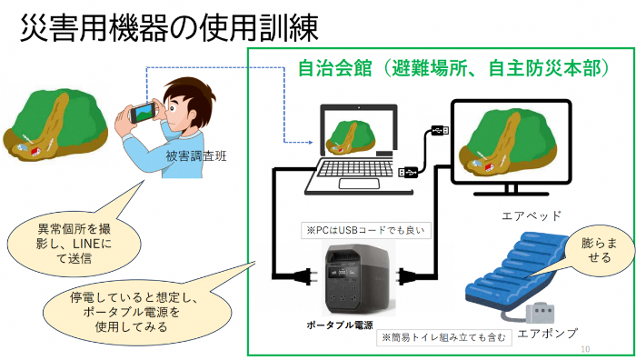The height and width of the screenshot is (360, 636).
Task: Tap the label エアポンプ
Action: pos(547,334)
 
